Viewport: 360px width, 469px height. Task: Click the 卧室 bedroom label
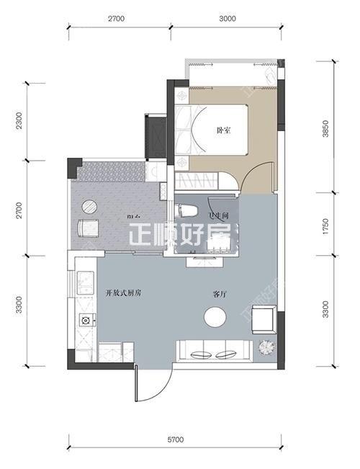pos(223,130)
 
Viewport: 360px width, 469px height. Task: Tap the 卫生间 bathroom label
pos(218,215)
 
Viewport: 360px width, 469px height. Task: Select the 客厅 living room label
pos(220,294)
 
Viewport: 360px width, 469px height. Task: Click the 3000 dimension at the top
pos(228,19)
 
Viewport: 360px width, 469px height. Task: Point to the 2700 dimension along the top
pos(119,19)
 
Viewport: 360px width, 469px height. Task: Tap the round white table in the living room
pos(215,317)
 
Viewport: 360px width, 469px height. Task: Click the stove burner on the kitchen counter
pos(84,320)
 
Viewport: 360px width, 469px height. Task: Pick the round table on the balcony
pos(89,206)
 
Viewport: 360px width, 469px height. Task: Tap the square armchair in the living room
pos(264,318)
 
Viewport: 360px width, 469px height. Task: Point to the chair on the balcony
pos(89,229)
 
